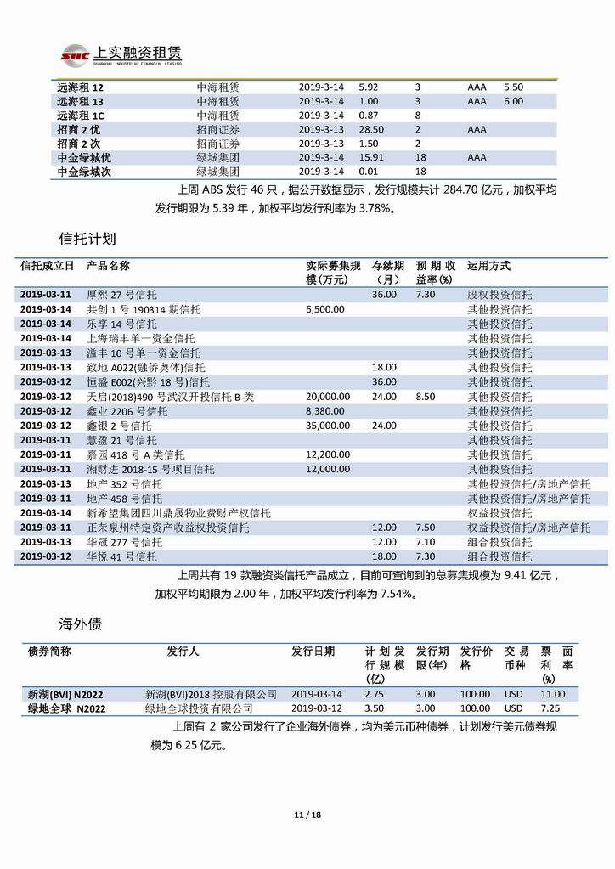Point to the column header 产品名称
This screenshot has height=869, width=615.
point(108,266)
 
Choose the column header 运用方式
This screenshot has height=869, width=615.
point(489,266)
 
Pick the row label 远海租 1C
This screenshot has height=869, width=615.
point(81,115)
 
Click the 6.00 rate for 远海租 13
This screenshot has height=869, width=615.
point(513,101)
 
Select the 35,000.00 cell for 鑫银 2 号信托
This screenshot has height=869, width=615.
point(327,425)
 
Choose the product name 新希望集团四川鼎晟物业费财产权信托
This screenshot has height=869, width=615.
point(178,512)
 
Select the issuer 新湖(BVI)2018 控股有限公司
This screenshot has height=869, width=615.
point(212,694)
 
